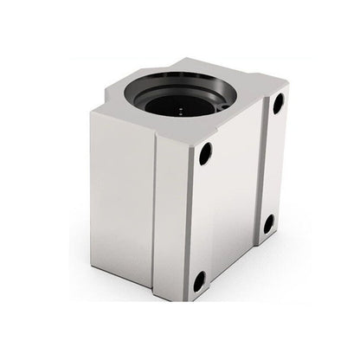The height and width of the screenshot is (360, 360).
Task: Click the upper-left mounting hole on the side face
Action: pyautogui.click(x=205, y=154)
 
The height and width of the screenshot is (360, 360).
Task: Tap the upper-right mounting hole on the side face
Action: pyautogui.click(x=279, y=104)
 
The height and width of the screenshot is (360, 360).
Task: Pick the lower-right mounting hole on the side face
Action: pyautogui.click(x=268, y=224)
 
